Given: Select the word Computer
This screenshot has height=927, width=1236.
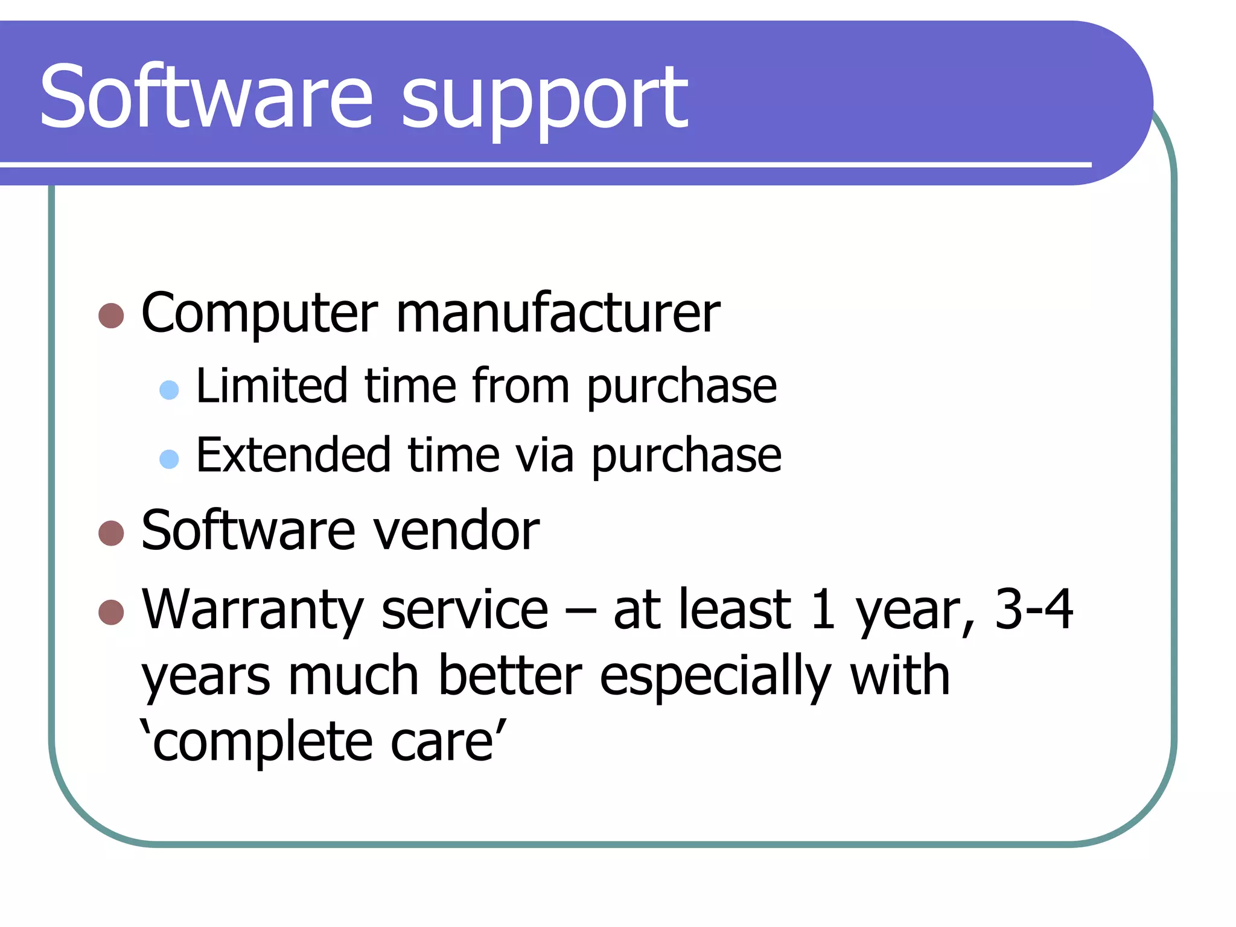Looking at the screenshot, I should pos(260,314).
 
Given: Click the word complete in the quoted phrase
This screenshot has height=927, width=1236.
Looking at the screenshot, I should pos(263,742).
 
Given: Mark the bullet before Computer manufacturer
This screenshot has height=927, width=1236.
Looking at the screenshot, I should pos(111,315).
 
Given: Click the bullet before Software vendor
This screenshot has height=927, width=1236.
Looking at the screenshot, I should pos(111,533).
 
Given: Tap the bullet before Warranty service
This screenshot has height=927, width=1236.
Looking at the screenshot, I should pos(111,612).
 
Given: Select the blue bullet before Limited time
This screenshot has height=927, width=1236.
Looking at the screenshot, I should pos(169,390).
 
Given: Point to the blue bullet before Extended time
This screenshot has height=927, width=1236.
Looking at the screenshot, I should pos(169,459).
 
